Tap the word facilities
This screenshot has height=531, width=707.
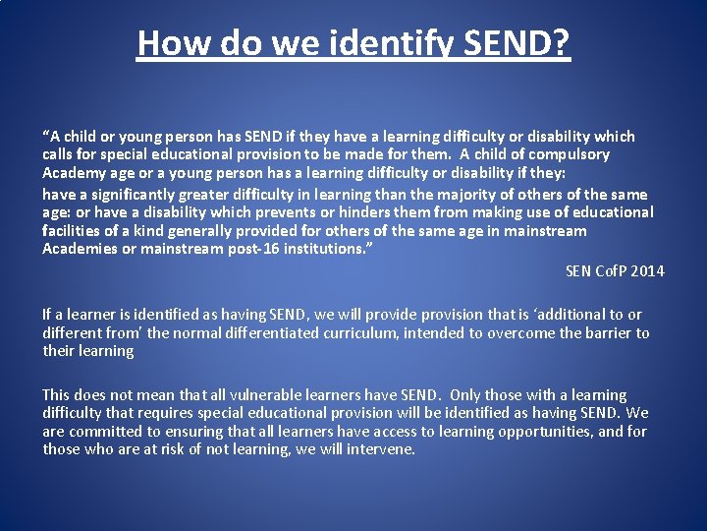[x=74, y=231]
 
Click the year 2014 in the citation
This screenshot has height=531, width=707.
[x=647, y=271]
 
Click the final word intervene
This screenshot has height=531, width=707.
[x=380, y=449]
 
